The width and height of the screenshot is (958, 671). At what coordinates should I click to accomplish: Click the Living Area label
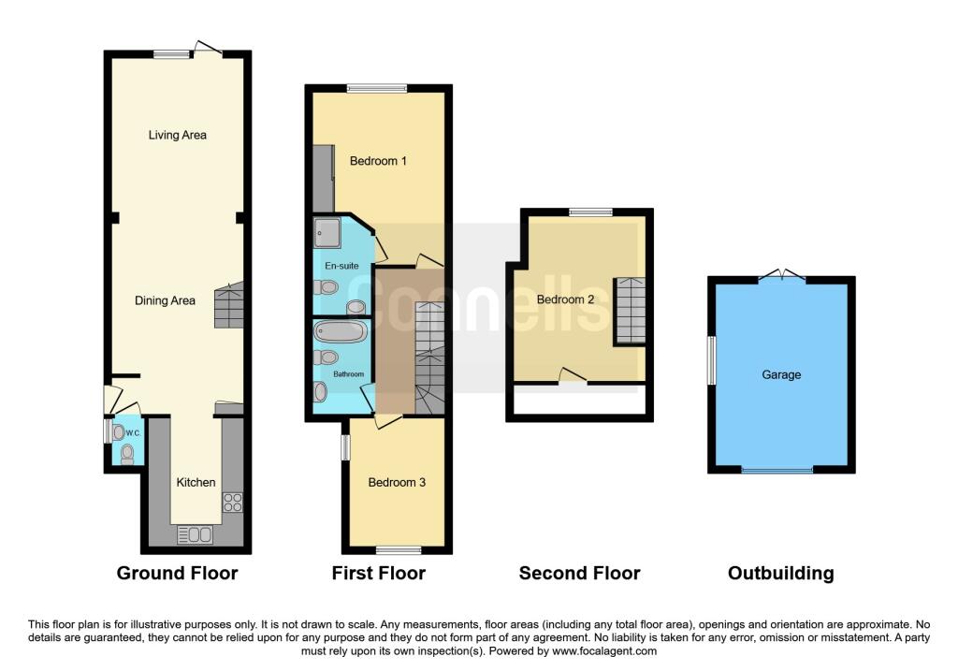tap(177, 135)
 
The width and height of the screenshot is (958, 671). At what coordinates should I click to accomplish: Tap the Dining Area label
tap(165, 300)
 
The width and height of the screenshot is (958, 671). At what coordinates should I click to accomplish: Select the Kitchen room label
tap(196, 482)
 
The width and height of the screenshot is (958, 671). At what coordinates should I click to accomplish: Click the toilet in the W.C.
tap(127, 454)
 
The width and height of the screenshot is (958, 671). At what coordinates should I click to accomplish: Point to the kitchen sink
tap(195, 534)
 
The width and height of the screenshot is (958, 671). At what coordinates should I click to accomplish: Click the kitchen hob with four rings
tap(232, 502)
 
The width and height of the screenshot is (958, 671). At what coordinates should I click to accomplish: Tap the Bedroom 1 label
tap(378, 161)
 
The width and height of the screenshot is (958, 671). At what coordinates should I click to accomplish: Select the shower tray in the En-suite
tap(328, 229)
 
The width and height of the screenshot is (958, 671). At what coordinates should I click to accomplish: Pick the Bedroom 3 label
tap(397, 482)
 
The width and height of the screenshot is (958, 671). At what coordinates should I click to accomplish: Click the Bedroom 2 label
tap(566, 299)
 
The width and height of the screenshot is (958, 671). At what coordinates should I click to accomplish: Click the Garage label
tap(781, 374)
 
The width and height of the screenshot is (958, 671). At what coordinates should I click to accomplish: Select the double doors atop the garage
tap(781, 275)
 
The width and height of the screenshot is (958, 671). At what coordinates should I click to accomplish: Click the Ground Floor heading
tap(177, 573)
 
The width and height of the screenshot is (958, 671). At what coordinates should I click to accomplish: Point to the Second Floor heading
tap(580, 573)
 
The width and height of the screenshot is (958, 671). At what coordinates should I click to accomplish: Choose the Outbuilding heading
tap(780, 573)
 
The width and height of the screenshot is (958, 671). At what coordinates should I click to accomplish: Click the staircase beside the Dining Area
tap(229, 307)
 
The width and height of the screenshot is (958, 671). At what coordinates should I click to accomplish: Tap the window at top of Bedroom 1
tap(377, 89)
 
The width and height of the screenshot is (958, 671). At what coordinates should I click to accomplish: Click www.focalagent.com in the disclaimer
tap(604, 650)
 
